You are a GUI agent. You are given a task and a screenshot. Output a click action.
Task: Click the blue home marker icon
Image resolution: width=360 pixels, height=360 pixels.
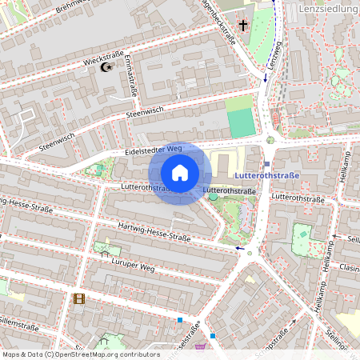(x=180, y=173)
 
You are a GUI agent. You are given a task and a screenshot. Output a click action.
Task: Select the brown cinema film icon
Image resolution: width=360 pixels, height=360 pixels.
(x=78, y=298)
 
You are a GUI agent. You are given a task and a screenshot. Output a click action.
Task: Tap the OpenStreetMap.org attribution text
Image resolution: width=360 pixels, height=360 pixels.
(x=104, y=354)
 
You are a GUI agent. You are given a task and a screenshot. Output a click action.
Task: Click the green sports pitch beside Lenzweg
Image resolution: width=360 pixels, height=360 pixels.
(x=242, y=122)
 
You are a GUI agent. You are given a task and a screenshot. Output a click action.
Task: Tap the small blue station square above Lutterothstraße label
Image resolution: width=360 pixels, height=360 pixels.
(x=266, y=163)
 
